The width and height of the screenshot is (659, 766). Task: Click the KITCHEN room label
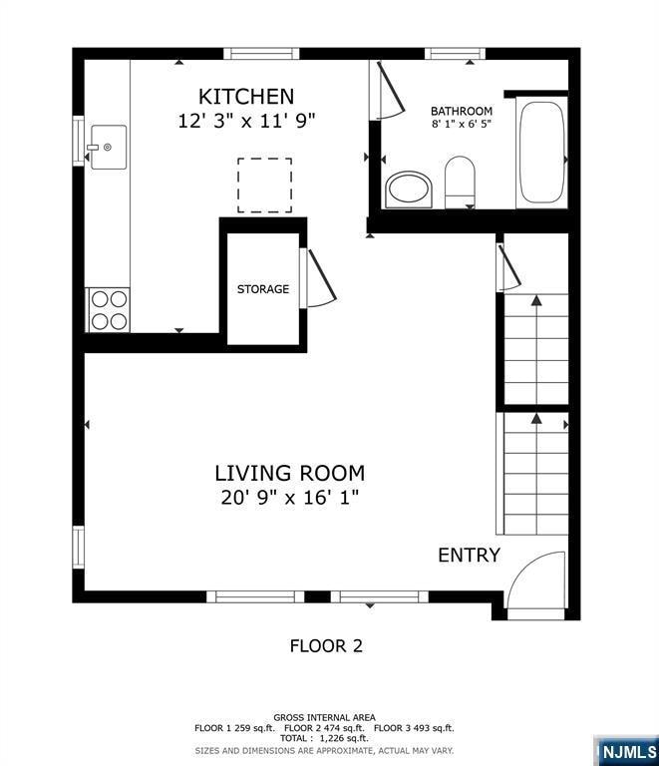(x=246, y=96)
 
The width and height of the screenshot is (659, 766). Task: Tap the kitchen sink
(x=109, y=147)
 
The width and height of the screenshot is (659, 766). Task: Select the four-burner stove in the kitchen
(x=109, y=308)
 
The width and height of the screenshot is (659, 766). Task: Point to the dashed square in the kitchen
(x=264, y=185)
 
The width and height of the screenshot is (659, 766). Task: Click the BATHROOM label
(x=461, y=111)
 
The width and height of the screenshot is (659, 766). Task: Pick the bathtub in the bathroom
(x=541, y=154)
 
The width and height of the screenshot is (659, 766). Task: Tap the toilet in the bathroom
(x=460, y=182)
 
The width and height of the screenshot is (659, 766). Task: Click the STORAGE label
(x=263, y=289)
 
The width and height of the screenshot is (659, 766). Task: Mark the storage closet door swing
(x=319, y=279)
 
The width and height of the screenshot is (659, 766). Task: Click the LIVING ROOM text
(x=290, y=473)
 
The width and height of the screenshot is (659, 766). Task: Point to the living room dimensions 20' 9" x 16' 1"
(x=290, y=498)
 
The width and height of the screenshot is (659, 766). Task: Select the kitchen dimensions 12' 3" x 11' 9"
(x=246, y=121)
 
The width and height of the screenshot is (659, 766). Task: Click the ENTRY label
(x=469, y=556)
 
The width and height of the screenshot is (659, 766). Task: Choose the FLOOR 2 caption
(x=326, y=645)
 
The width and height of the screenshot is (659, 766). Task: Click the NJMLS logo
(x=626, y=750)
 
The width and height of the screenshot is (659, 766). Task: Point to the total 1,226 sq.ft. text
(x=326, y=739)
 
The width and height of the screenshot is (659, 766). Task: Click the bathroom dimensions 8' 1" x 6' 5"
(x=461, y=125)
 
